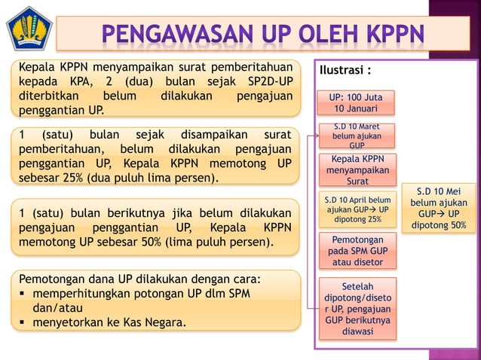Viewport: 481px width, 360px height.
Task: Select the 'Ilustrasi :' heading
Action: click(345, 72)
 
